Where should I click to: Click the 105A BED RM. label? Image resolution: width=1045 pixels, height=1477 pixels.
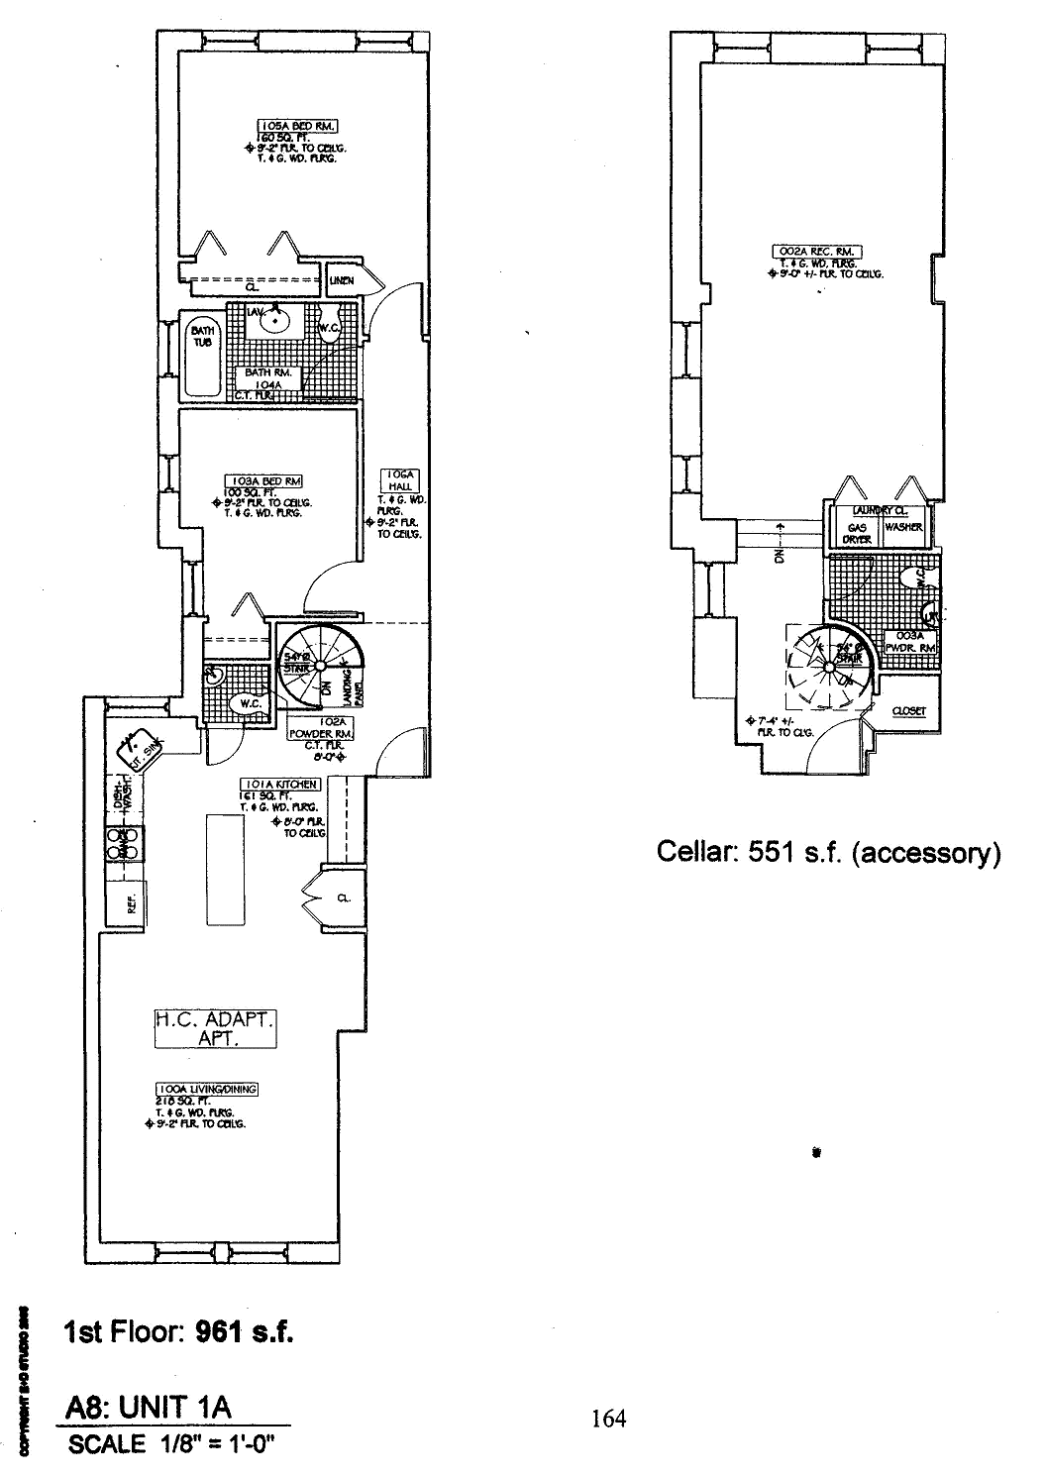pos(298,126)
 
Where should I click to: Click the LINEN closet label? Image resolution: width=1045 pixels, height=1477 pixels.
pos(342,280)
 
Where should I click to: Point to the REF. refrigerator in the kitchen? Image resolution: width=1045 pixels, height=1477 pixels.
pos(130,903)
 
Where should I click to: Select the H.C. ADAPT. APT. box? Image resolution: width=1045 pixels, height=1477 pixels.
pos(215,1027)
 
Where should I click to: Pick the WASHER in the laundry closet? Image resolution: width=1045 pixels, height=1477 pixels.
pos(903,528)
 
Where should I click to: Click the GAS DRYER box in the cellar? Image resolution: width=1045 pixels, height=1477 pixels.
pos(858,533)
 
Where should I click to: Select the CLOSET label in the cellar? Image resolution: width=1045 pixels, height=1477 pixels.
pos(908,711)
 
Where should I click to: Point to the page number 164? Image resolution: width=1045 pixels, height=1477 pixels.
pos(608,1419)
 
